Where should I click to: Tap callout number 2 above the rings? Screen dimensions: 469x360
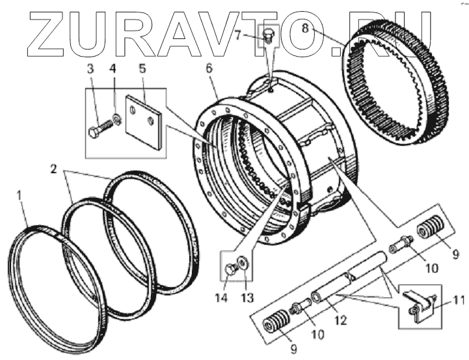click(x=53, y=171)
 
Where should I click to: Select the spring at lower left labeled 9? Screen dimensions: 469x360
click(x=276, y=324)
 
